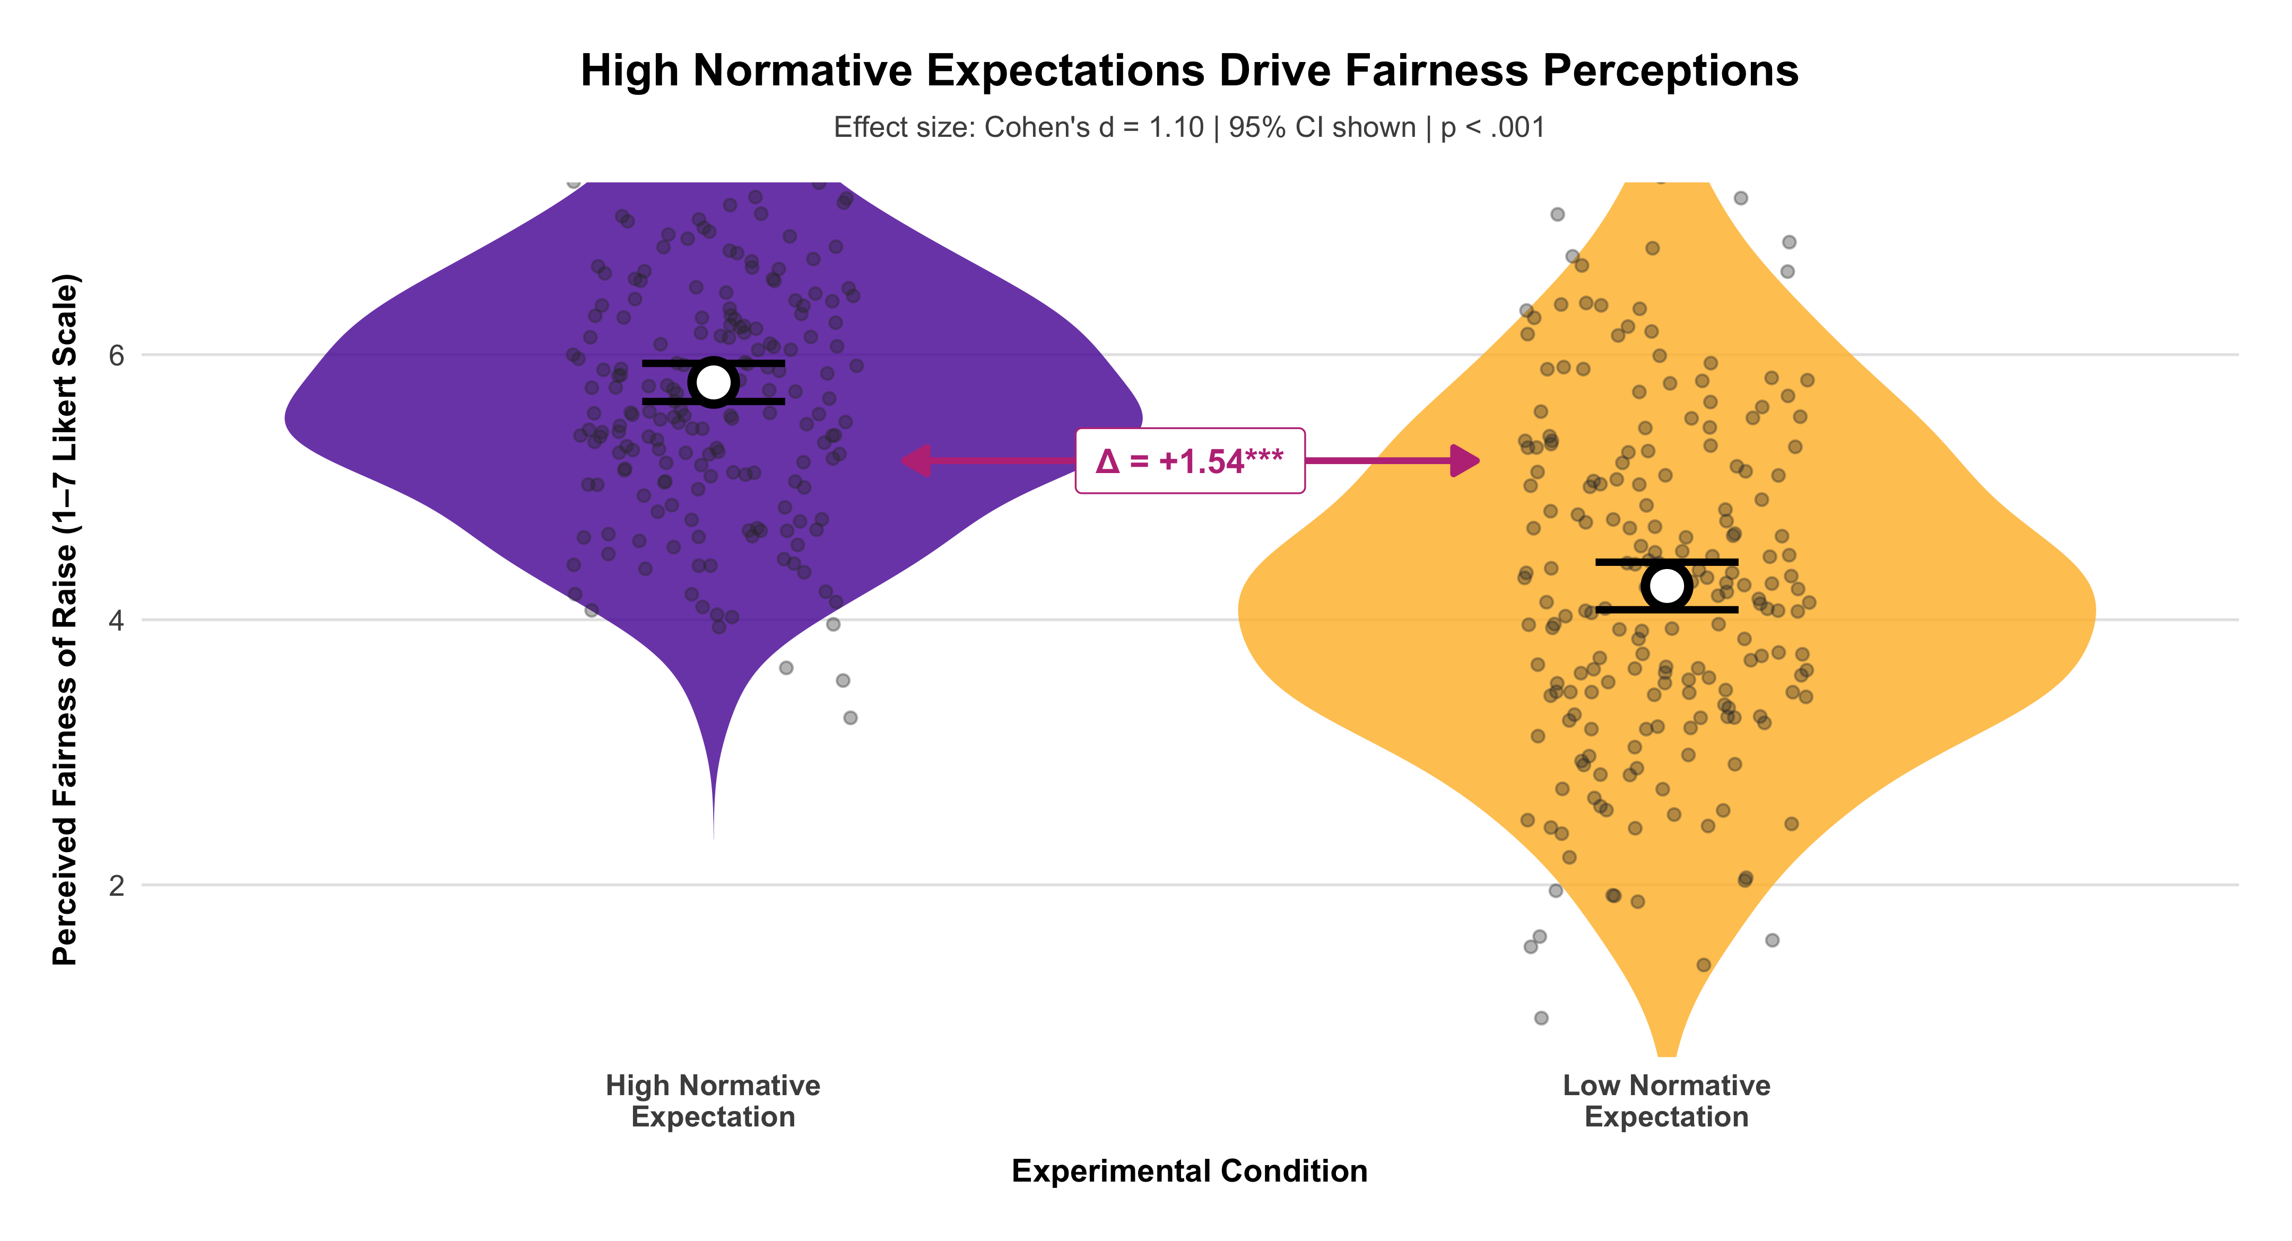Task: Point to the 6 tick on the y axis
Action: (117, 355)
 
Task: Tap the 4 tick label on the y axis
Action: (117, 620)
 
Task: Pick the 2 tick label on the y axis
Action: (117, 885)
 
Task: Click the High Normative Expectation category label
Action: (713, 1100)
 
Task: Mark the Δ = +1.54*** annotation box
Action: (1190, 461)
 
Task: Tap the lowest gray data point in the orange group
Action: (1541, 1018)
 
